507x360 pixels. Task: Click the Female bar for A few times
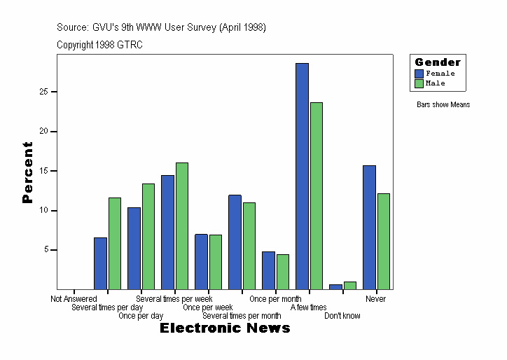tap(302, 176)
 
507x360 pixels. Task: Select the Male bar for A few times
tap(316, 195)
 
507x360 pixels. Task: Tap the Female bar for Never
tap(369, 227)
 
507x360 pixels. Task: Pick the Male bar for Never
tap(383, 241)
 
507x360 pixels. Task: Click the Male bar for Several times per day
tap(114, 243)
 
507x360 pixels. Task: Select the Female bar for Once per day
tap(134, 248)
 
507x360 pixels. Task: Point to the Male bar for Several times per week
tap(181, 226)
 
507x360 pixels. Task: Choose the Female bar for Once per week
tap(201, 261)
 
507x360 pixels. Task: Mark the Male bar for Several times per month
tap(249, 245)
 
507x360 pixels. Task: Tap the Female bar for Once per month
tap(268, 270)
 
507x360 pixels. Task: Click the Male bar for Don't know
tap(349, 285)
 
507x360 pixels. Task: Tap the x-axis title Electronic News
tap(225, 328)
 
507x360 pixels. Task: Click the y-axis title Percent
tap(27, 172)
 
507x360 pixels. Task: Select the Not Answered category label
tap(74, 299)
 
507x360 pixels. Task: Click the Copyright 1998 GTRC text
tap(99, 44)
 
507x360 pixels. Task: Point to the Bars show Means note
tap(443, 105)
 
